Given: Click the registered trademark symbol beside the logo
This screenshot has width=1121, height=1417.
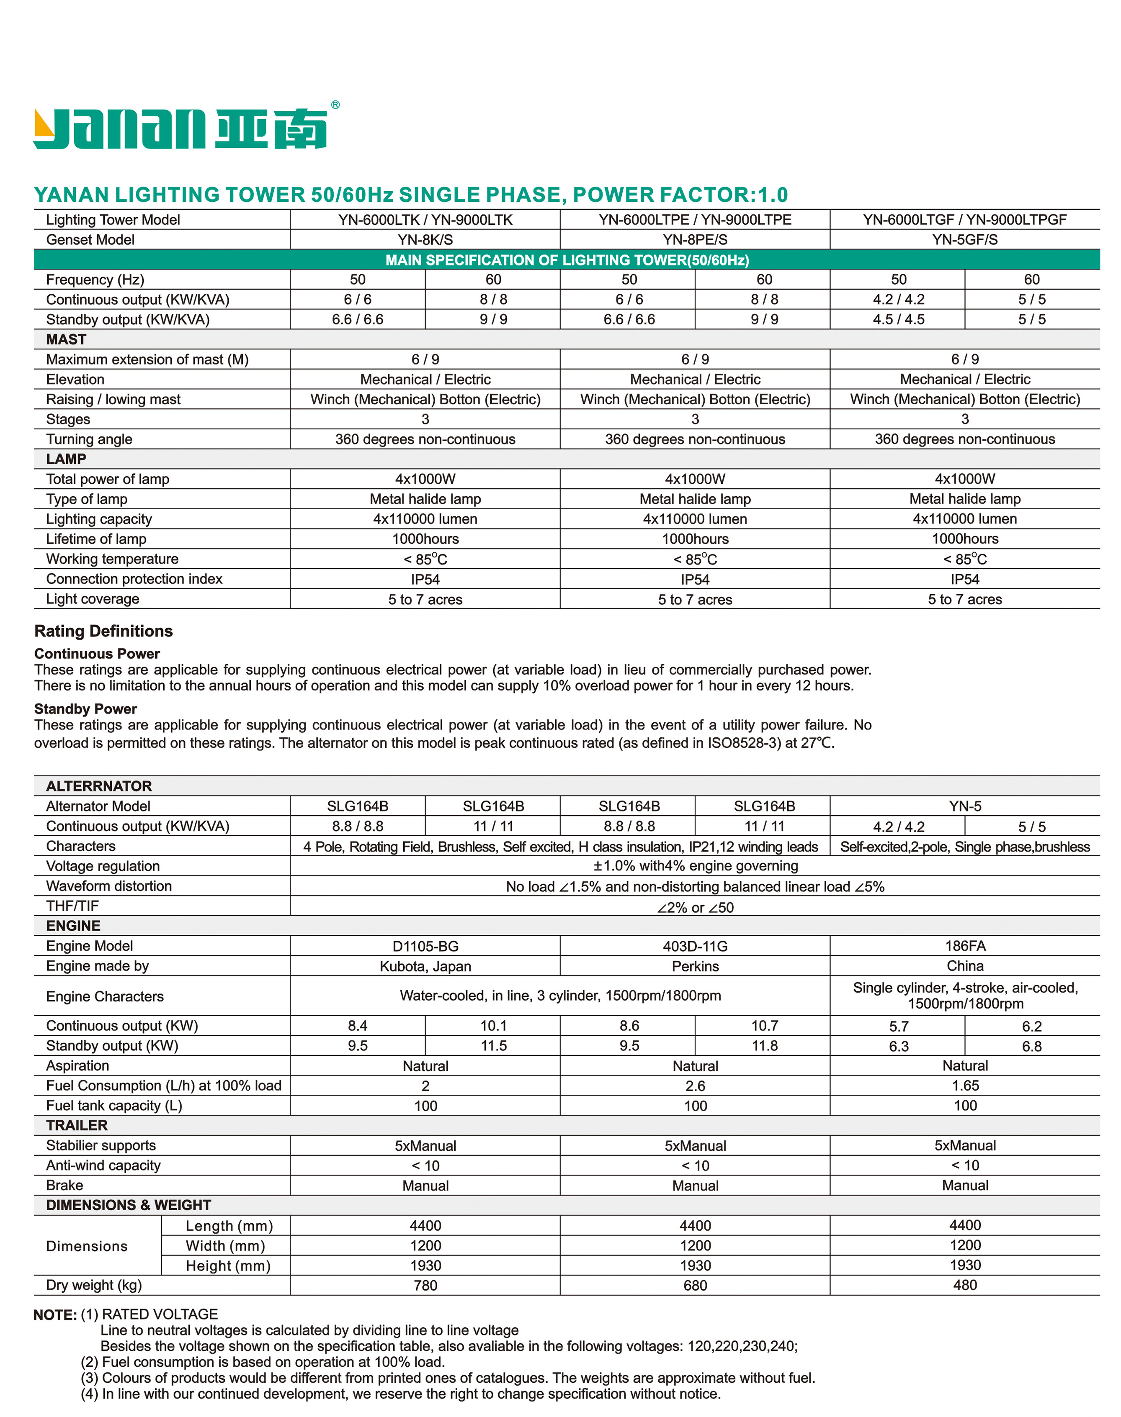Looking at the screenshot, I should (335, 105).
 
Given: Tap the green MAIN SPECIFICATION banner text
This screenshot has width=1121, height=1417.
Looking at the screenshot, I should (567, 260).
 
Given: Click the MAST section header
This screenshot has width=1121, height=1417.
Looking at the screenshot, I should (66, 340).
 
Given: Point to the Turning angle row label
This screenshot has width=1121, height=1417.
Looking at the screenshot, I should (89, 439).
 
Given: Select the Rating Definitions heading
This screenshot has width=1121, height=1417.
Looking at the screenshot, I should (104, 631).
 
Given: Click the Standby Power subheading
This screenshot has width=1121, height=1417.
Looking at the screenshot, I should (85, 709).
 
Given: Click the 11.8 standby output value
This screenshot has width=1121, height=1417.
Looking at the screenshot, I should (765, 1046).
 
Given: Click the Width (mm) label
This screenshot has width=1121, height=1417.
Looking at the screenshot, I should (225, 1246).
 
